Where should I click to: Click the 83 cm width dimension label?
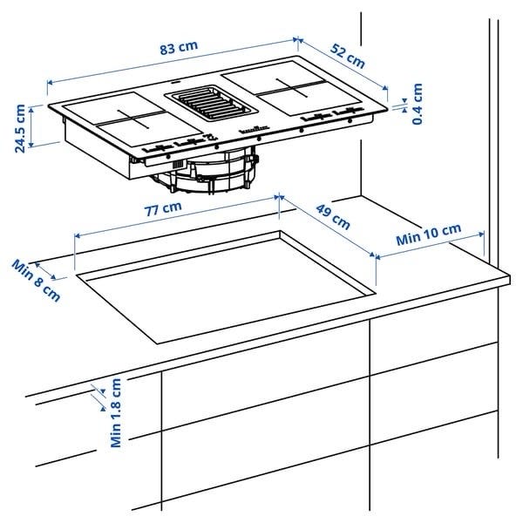[x=179, y=47]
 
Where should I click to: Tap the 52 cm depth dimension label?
[x=348, y=56]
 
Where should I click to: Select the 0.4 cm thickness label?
[x=417, y=104]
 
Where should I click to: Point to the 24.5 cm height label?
[x=20, y=128]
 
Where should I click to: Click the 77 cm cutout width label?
[x=163, y=209]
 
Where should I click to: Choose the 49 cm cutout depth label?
[x=333, y=217]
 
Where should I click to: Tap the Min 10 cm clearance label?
[x=429, y=234]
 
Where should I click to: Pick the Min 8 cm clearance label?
[x=37, y=281]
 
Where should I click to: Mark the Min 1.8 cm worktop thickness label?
[x=116, y=413]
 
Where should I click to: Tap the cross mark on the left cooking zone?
[x=133, y=119]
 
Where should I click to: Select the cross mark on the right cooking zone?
[x=292, y=88]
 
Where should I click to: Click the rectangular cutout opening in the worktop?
[x=226, y=287]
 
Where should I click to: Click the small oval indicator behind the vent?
[x=175, y=81]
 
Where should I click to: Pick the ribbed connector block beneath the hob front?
[x=178, y=164]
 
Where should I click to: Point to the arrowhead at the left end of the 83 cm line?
[x=50, y=83]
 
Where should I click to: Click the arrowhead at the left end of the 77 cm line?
[x=77, y=236]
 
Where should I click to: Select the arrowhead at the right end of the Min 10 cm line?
[x=482, y=234]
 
